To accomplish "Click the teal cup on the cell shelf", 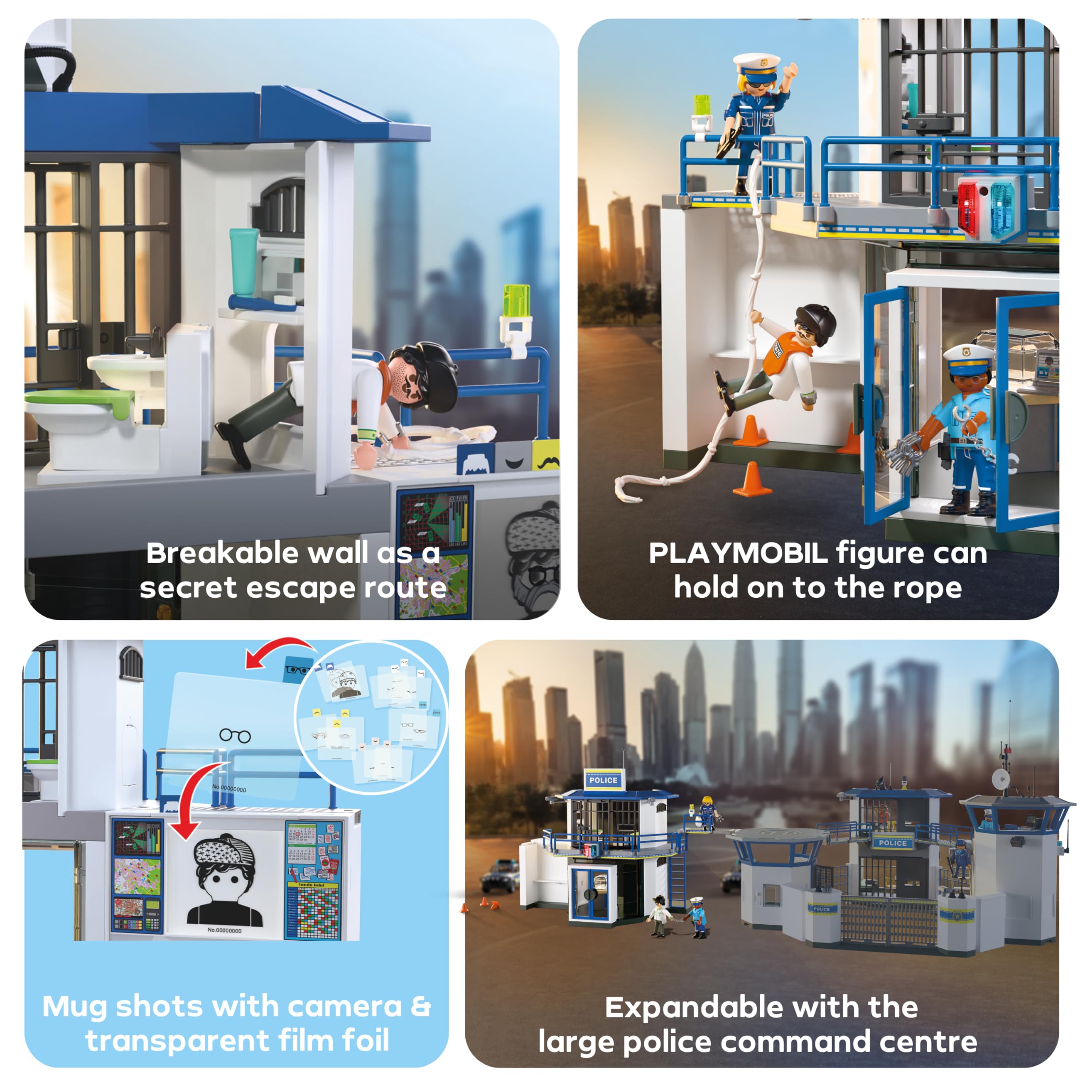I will tap(244, 262).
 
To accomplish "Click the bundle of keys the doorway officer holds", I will tap(901, 447).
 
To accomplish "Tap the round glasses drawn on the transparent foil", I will tap(235, 735).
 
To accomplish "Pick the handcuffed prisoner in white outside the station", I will tap(660, 916).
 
